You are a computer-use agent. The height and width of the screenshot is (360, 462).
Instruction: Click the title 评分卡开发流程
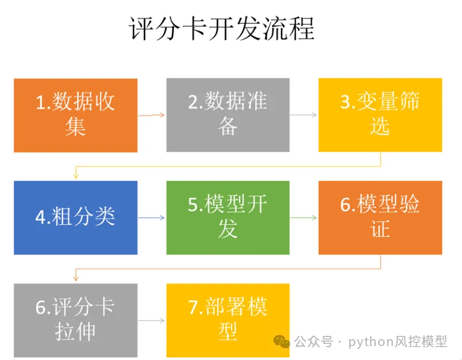click(222, 29)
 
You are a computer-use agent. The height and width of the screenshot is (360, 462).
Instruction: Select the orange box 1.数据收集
click(75, 115)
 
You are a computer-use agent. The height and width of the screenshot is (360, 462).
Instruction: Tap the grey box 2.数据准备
click(228, 115)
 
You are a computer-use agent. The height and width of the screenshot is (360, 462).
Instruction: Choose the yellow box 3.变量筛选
click(380, 115)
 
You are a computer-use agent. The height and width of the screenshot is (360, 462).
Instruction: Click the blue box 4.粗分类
click(75, 218)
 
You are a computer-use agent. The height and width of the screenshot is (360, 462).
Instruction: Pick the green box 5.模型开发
click(228, 218)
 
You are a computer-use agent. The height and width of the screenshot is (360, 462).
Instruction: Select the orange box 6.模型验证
click(380, 218)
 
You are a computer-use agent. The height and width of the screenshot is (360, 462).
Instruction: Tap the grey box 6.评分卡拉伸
click(75, 320)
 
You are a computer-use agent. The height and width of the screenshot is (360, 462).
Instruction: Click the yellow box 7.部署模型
click(228, 320)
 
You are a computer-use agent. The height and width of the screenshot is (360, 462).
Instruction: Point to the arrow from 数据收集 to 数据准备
click(152, 115)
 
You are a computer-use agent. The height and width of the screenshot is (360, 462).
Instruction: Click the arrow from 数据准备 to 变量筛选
click(304, 115)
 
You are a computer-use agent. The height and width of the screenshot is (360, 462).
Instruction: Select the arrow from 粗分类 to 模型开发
click(152, 218)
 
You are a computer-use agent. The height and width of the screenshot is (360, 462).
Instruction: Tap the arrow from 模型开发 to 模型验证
click(304, 218)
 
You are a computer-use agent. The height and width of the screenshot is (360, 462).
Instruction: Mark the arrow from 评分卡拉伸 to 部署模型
click(152, 320)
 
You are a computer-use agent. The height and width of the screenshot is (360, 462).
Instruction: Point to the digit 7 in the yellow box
click(194, 308)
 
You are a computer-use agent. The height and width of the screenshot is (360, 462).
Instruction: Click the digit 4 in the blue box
click(41, 218)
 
